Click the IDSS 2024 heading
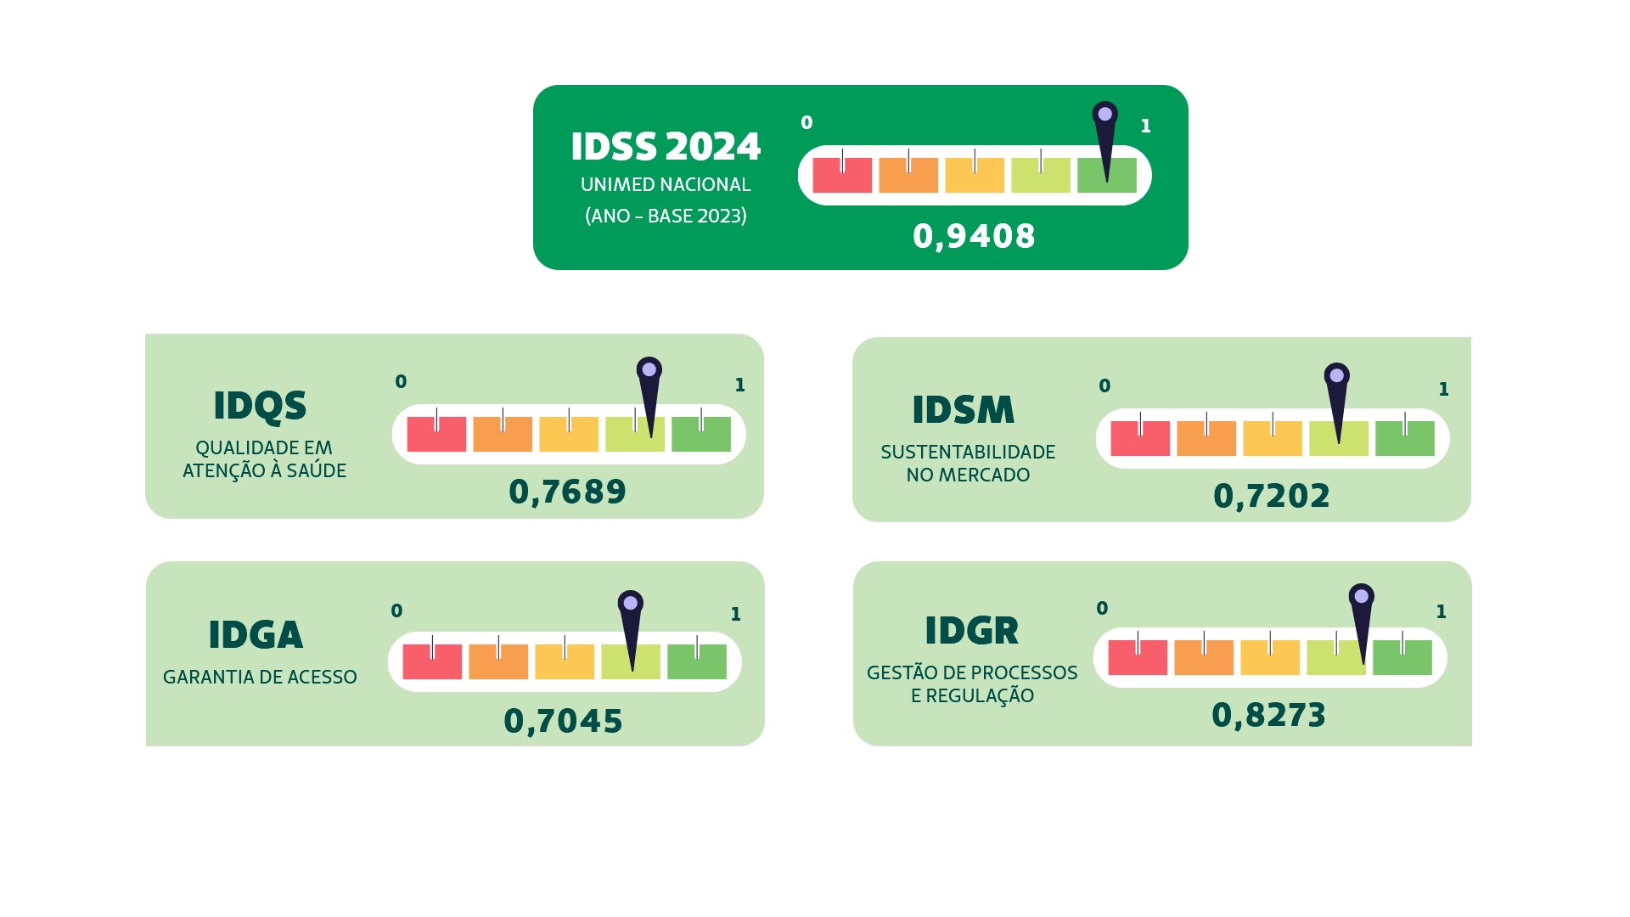[666, 147]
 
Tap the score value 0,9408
[974, 237]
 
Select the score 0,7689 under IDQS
[567, 492]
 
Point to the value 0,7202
[1271, 497]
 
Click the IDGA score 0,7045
[563, 722]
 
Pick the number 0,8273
[1268, 716]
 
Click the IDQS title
[260, 407]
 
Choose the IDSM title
[963, 410]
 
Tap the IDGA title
[256, 635]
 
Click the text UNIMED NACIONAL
[666, 185]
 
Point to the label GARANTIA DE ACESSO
[260, 678]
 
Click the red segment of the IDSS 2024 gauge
[842, 175]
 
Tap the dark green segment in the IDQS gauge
[701, 434]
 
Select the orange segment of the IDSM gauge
[1206, 438]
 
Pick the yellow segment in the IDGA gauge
[565, 661]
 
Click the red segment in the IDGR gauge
[1138, 657]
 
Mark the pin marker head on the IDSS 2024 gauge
[1104, 114]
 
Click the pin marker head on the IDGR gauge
[1361, 596]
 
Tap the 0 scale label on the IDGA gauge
[396, 611]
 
